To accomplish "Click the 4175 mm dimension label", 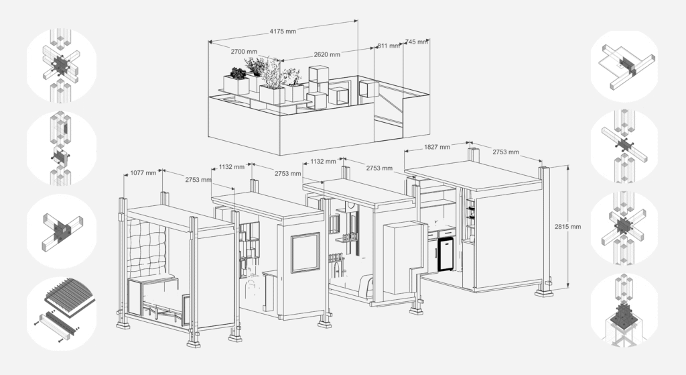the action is (x=283, y=31).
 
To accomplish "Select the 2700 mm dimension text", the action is (x=244, y=51).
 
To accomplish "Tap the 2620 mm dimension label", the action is (x=327, y=55).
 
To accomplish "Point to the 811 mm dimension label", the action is (x=388, y=46).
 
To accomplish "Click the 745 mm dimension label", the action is (x=416, y=42).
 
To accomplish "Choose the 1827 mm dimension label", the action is (x=437, y=147).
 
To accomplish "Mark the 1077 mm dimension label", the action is (x=143, y=172).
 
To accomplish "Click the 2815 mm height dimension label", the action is (x=568, y=227).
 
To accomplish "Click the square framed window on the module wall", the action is (x=305, y=253).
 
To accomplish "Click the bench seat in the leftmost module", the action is (x=153, y=280).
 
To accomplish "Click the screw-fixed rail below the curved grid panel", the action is (x=58, y=325).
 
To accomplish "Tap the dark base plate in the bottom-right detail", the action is (x=624, y=316).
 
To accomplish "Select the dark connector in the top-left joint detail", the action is (x=60, y=65).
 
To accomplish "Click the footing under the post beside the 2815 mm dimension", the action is (x=544, y=291).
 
